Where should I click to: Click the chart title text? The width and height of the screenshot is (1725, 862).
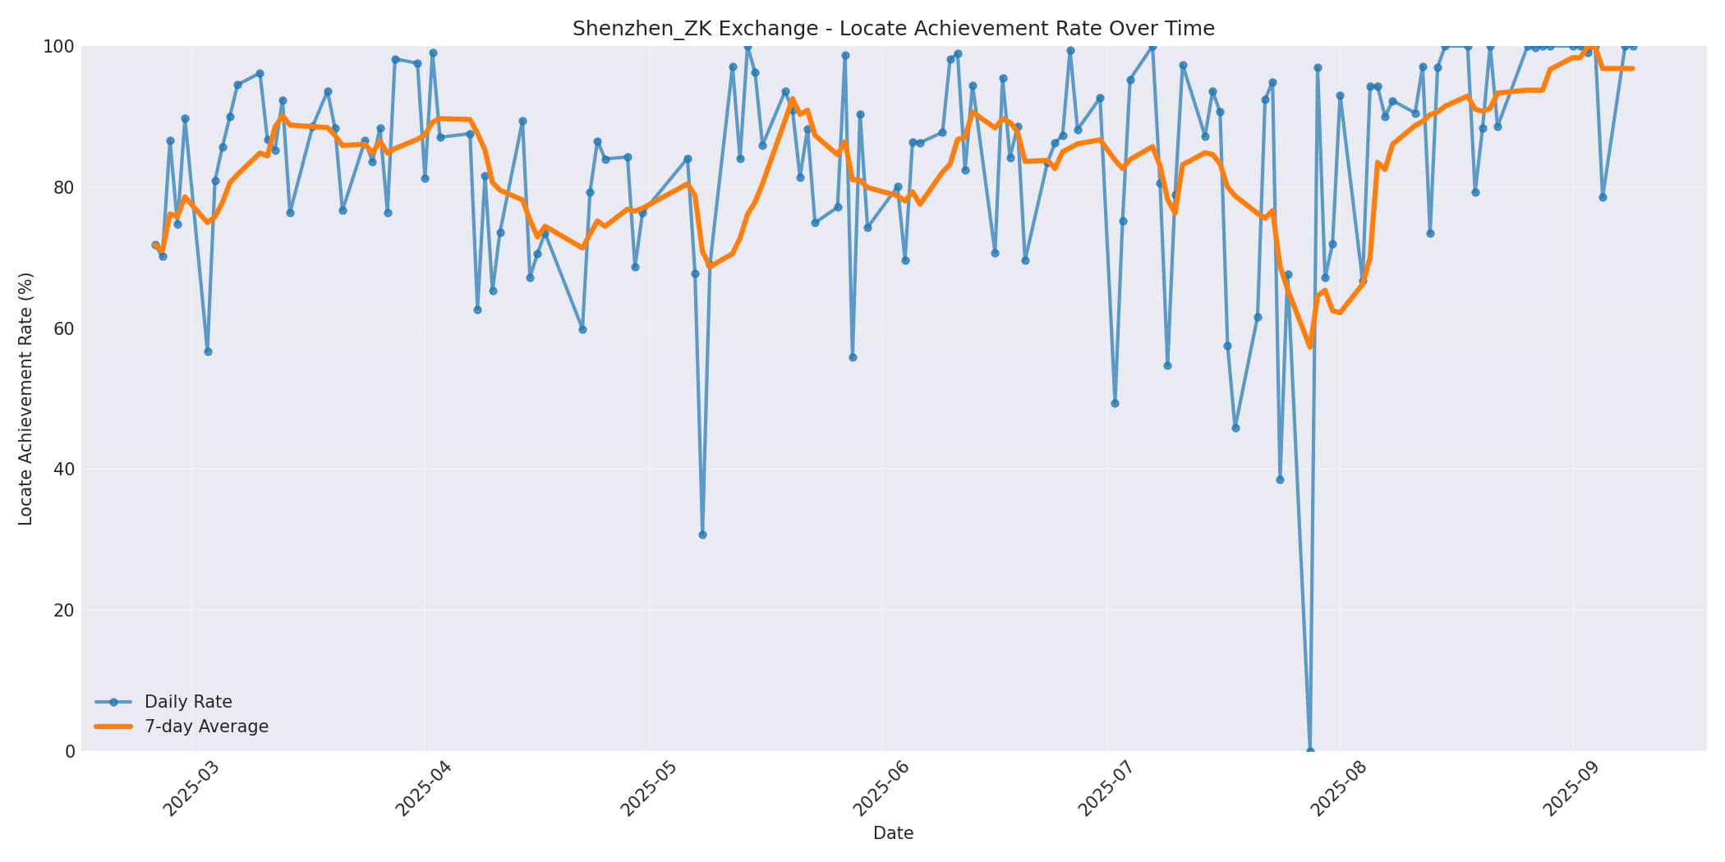(x=893, y=29)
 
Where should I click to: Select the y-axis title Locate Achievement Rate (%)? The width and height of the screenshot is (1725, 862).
(x=25, y=399)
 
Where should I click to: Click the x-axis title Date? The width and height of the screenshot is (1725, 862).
(x=893, y=833)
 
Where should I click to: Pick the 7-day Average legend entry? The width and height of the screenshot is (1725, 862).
(x=206, y=727)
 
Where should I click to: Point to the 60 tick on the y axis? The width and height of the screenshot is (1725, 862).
(x=65, y=328)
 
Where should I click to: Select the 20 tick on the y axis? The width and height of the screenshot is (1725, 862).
(x=65, y=610)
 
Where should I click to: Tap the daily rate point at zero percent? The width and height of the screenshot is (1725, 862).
(x=1310, y=750)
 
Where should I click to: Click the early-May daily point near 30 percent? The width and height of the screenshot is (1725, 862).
(x=702, y=534)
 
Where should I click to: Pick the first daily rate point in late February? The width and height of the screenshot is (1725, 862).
(x=155, y=245)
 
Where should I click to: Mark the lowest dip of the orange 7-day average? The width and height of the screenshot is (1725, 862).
(x=1310, y=347)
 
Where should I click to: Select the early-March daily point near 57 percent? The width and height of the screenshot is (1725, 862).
(x=208, y=351)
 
